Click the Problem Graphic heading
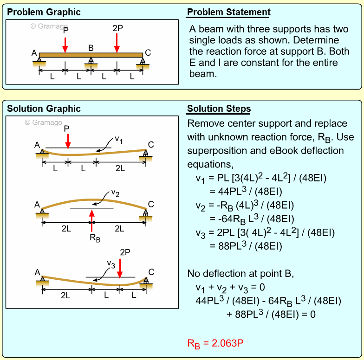[x=44, y=13]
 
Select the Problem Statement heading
[x=228, y=13]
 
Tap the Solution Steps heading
[x=219, y=109]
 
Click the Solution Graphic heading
[x=44, y=109]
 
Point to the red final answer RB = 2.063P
[x=215, y=344]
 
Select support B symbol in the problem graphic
[x=91, y=61]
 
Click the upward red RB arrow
[x=92, y=220]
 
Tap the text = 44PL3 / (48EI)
[x=245, y=191]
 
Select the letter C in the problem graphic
[x=148, y=52]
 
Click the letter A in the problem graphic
[x=34, y=53]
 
